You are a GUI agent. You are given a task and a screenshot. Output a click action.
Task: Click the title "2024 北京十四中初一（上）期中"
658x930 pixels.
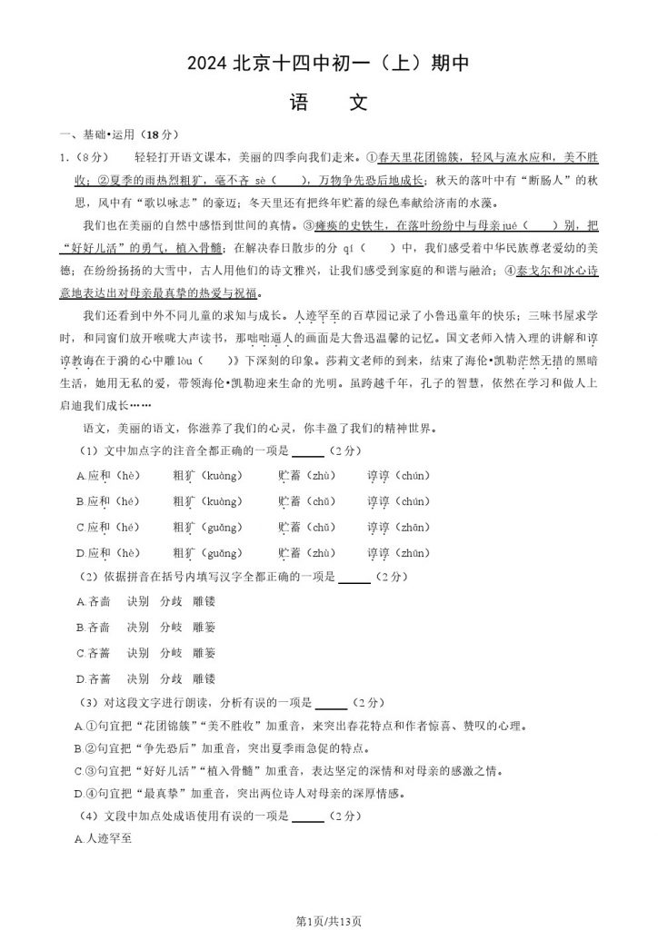click(x=328, y=64)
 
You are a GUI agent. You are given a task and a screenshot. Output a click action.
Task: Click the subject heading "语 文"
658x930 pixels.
click(x=328, y=103)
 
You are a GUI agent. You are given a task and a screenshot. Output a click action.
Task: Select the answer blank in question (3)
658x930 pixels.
click(x=331, y=702)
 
